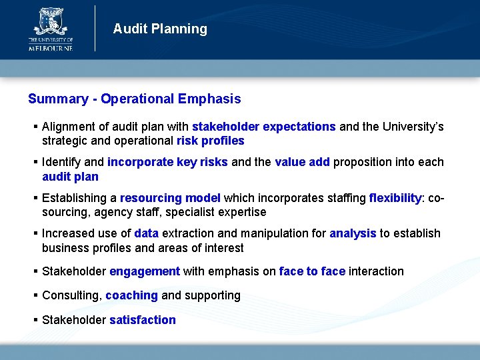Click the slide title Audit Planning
(160, 29)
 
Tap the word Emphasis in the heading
(209, 99)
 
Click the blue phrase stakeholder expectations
(263, 127)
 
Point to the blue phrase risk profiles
(210, 141)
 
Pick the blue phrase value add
(302, 162)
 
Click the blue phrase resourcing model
(170, 198)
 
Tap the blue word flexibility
(395, 198)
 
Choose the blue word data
(146, 233)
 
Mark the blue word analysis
(353, 233)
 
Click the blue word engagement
(145, 271)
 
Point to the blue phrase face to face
(312, 271)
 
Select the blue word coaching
(131, 295)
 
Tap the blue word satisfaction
(143, 320)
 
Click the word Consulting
(71, 295)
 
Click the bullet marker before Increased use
(35, 233)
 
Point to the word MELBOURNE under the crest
(50, 47)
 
